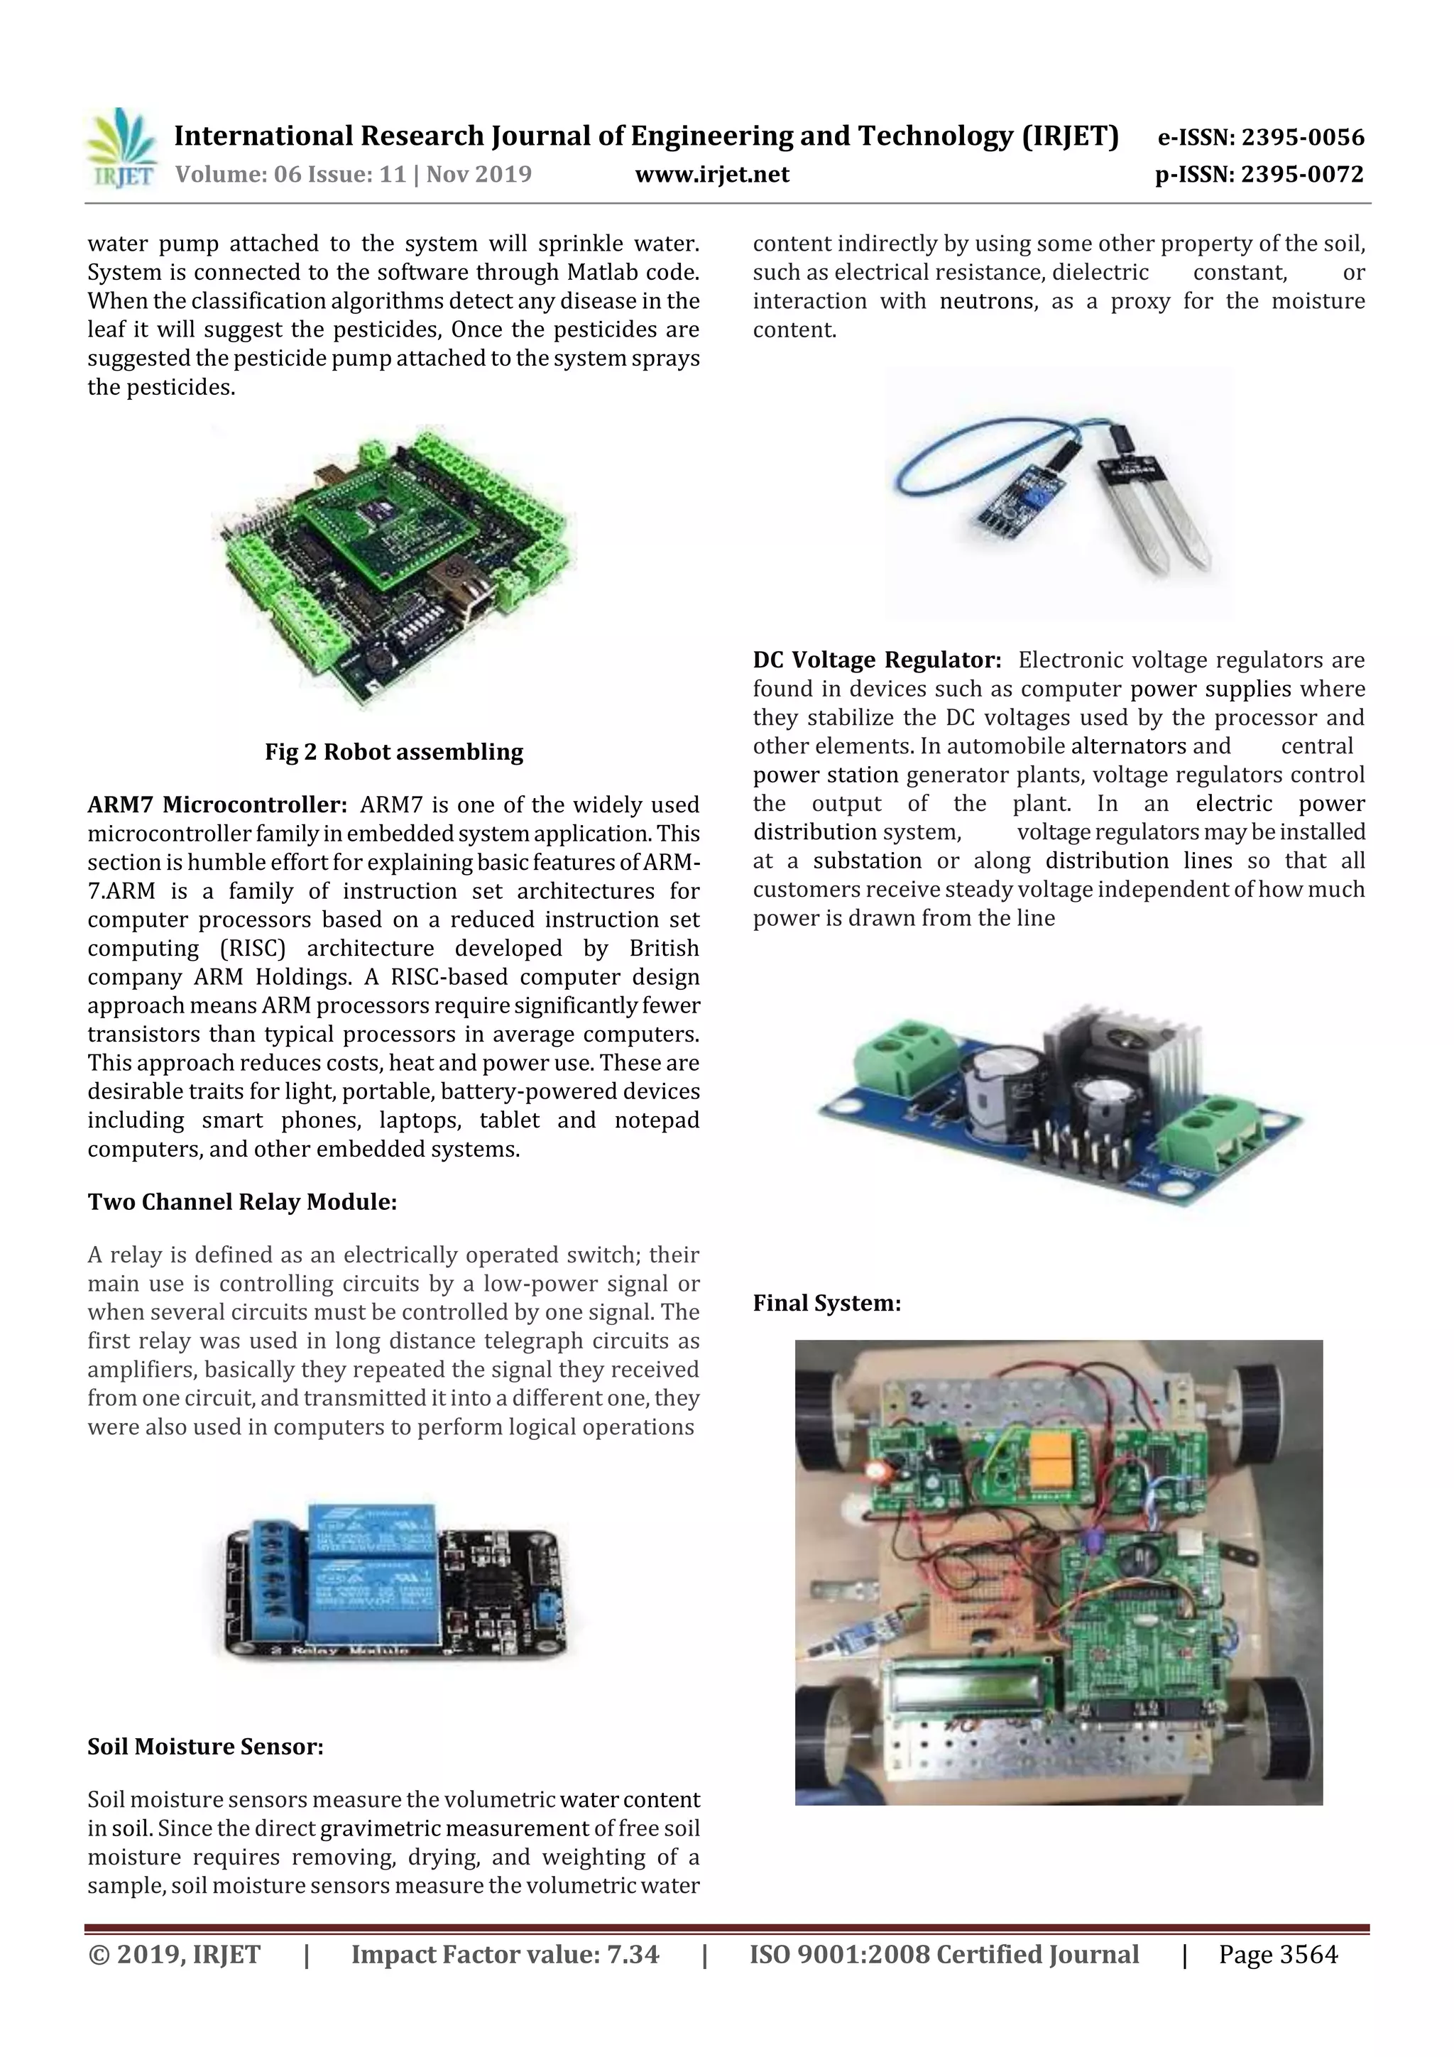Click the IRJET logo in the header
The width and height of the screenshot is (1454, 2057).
click(121, 148)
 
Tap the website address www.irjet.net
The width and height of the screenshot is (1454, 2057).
click(712, 175)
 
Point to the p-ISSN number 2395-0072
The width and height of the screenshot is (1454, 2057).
click(1301, 175)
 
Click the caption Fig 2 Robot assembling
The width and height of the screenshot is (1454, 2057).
click(393, 752)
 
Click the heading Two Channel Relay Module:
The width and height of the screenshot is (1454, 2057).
click(242, 1202)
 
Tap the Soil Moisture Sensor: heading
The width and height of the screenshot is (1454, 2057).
click(205, 1747)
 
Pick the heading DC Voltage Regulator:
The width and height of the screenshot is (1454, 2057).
click(876, 661)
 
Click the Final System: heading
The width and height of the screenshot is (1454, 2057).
click(826, 1304)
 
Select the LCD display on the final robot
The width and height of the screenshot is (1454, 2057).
click(972, 1691)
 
